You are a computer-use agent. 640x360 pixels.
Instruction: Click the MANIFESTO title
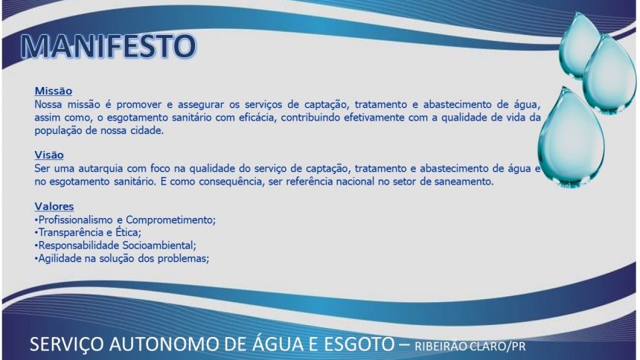(109, 45)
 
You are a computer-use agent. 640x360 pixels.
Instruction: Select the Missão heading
(53, 91)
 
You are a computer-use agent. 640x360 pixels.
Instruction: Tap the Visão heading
(49, 155)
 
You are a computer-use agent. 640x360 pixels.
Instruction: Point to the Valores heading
(54, 207)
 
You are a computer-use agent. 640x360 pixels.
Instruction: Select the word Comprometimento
(170, 220)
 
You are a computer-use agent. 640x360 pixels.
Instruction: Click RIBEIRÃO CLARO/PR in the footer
(470, 347)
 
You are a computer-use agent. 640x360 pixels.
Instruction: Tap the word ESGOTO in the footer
(359, 344)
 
